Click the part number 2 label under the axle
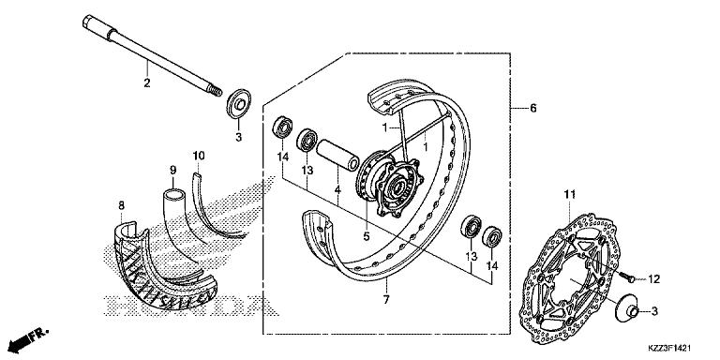pyautogui.click(x=147, y=83)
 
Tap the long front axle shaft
pyautogui.click(x=152, y=56)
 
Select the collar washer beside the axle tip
pyautogui.click(x=239, y=104)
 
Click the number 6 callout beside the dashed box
pyautogui.click(x=532, y=109)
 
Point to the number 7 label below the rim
pyautogui.click(x=386, y=300)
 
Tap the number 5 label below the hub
pyautogui.click(x=367, y=236)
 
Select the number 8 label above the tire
pyautogui.click(x=121, y=205)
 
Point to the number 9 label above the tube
pyautogui.click(x=173, y=170)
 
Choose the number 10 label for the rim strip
pyautogui.click(x=199, y=156)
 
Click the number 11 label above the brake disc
pyautogui.click(x=569, y=195)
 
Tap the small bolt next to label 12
pyautogui.click(x=627, y=277)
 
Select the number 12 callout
pyautogui.click(x=653, y=278)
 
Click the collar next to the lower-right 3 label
pyautogui.click(x=627, y=310)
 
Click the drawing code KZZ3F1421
pyautogui.click(x=669, y=349)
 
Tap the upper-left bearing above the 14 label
pyautogui.click(x=283, y=127)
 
